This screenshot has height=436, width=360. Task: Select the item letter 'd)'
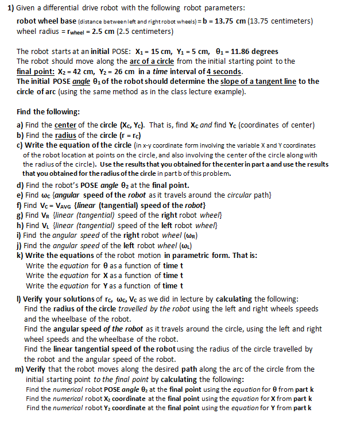(x=21, y=185)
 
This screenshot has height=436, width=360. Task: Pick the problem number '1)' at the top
(x=11, y=8)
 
